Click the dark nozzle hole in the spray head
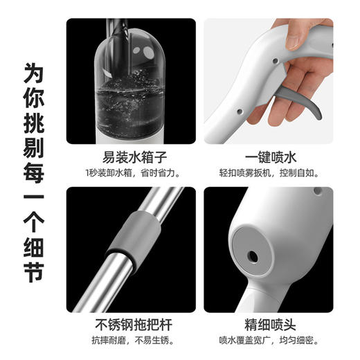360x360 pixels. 252,257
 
